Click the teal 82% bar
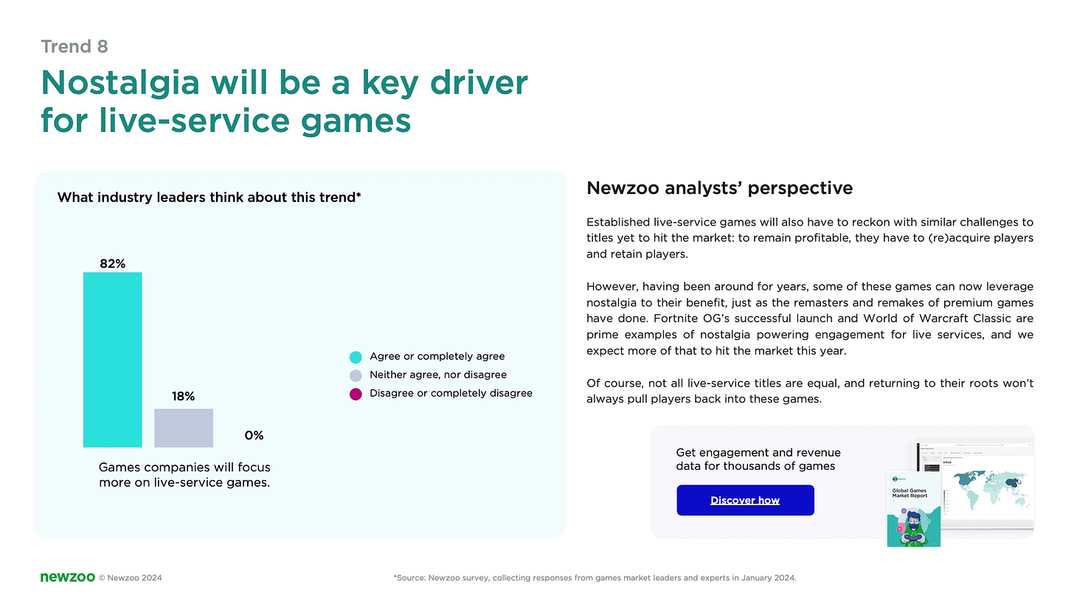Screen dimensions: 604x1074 click(x=112, y=359)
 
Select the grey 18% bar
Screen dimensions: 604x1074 click(x=183, y=428)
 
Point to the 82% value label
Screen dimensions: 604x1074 click(x=112, y=263)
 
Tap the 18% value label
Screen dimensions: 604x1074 click(x=183, y=397)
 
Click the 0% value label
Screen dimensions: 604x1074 click(x=254, y=436)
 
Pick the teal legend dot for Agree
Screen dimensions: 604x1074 click(x=356, y=357)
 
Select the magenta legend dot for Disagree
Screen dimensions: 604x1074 click(x=356, y=394)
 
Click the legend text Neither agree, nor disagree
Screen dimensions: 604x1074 click(x=437, y=375)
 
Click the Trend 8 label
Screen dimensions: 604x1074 click(x=75, y=46)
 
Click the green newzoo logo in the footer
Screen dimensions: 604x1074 click(x=67, y=577)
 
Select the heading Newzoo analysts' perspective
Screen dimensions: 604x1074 click(x=719, y=188)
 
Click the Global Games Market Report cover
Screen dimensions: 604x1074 click(x=913, y=508)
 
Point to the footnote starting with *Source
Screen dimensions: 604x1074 click(x=595, y=578)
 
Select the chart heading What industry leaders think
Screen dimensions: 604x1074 click(x=209, y=198)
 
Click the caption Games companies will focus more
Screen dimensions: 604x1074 click(x=184, y=475)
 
